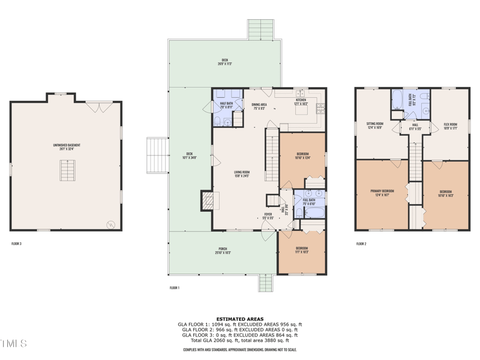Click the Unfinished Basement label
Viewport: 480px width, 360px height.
click(66, 146)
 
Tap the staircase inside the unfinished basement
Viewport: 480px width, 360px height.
click(67, 171)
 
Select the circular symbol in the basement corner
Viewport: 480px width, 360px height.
click(110, 224)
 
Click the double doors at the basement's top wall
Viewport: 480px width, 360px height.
click(94, 106)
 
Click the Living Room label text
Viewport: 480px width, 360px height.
click(242, 174)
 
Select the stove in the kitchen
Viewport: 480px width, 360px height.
click(321, 108)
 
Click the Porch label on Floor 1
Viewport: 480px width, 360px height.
click(222, 251)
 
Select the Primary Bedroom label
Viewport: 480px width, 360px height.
click(382, 193)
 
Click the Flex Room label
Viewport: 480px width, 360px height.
click(450, 125)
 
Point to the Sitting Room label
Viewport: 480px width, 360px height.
click(375, 125)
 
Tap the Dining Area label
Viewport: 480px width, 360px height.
click(259, 106)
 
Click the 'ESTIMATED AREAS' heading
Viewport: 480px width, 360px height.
click(239, 319)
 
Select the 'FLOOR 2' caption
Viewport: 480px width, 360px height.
click(361, 244)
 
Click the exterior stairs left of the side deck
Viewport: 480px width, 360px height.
click(157, 155)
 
